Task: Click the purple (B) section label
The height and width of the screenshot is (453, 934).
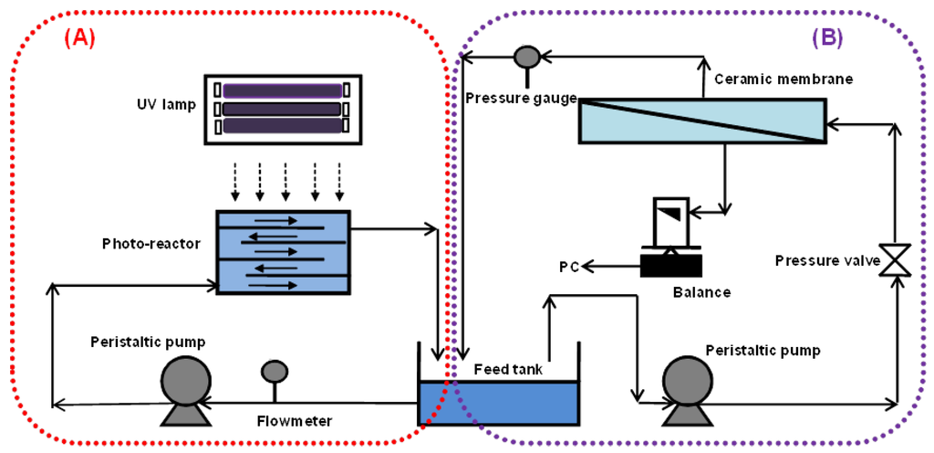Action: point(827,38)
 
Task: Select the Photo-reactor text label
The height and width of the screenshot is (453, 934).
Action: point(152,244)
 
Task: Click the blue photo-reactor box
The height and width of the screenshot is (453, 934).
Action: point(283,252)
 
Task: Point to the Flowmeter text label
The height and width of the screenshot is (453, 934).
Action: point(293,421)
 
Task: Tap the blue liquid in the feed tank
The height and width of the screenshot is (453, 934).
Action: point(498,402)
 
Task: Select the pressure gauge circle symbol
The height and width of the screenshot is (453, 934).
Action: point(527,57)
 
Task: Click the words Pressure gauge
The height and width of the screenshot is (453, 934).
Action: point(521,98)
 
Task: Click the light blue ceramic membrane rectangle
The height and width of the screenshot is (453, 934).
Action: point(701,120)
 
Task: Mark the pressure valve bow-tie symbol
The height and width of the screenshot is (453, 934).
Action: point(897,260)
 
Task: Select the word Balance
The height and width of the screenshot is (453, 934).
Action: point(702,293)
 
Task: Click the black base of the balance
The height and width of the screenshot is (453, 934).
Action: point(671,264)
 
